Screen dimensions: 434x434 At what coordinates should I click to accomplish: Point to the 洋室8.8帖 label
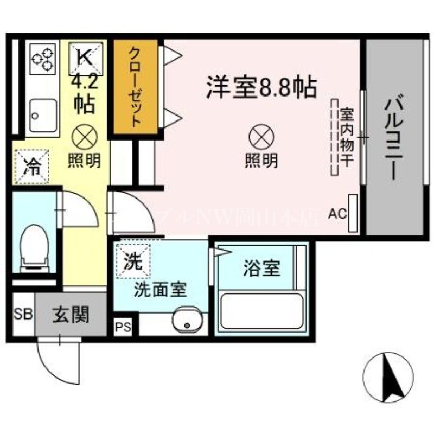click(x=261, y=87)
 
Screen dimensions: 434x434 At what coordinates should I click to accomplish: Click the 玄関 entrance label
click(x=71, y=314)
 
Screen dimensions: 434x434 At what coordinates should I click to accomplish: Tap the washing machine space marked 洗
click(x=132, y=261)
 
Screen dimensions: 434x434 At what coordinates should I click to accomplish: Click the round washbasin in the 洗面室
click(x=187, y=321)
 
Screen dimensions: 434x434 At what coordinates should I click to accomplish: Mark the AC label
click(x=337, y=213)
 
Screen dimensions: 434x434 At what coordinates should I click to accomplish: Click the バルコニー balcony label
click(x=394, y=138)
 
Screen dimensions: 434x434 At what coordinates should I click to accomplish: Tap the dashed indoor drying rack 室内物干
click(x=335, y=137)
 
